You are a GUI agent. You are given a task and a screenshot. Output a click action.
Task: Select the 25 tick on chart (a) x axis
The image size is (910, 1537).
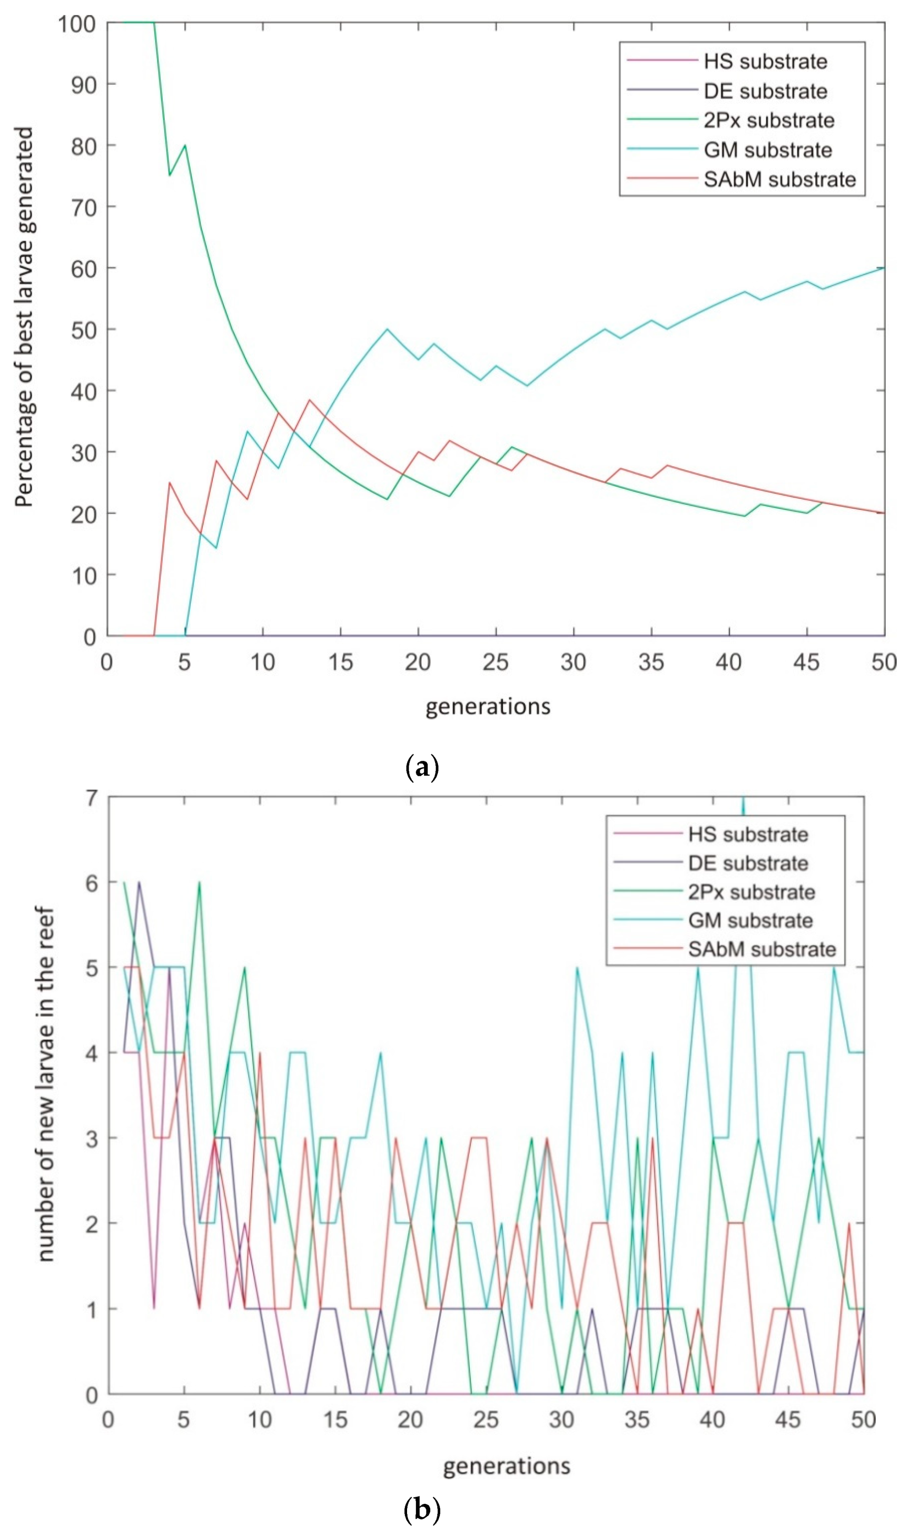496,663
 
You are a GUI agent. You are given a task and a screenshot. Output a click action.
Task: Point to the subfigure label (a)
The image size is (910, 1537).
422,767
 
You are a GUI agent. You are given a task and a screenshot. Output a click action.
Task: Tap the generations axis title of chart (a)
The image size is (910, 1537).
488,706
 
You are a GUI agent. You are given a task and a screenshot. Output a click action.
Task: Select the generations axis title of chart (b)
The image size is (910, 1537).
507,1466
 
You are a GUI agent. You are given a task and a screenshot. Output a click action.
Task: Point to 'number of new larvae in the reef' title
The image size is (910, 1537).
46,1084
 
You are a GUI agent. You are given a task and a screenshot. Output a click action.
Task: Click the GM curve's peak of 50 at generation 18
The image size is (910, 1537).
387,329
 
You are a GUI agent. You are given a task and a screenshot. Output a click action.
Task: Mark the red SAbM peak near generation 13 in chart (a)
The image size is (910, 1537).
310,400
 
